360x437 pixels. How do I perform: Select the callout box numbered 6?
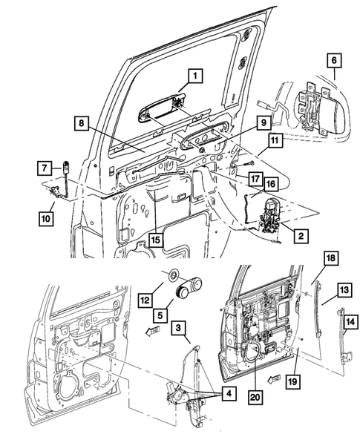(333, 62)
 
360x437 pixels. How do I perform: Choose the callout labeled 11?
(275, 139)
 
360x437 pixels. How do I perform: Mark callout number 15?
(154, 240)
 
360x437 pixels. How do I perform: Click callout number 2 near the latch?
(300, 236)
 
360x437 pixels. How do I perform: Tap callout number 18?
(330, 257)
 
